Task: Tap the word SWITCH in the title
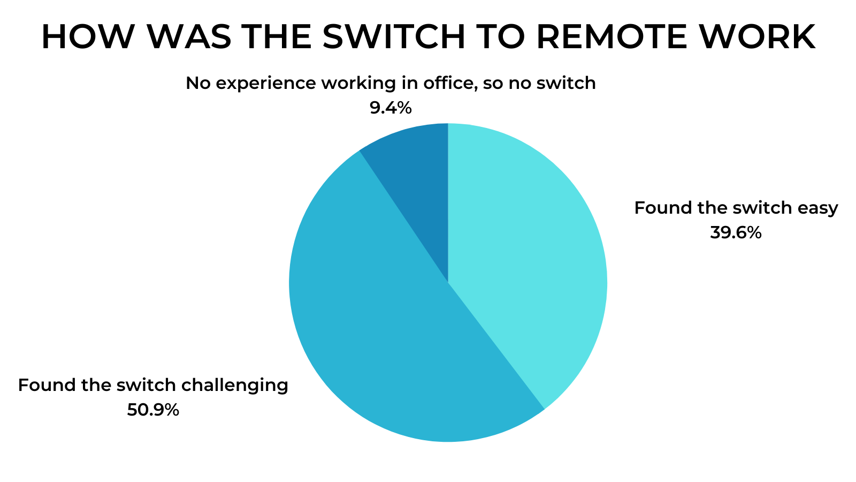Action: pyautogui.click(x=394, y=37)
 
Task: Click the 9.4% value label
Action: pyautogui.click(x=391, y=108)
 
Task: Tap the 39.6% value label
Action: pyautogui.click(x=736, y=232)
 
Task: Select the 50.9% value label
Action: pyautogui.click(x=153, y=410)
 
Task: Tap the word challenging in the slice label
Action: pyautogui.click(x=235, y=386)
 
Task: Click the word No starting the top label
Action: pyautogui.click(x=198, y=84)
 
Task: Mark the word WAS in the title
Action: pyautogui.click(x=189, y=37)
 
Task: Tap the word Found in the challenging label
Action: pyautogui.click(x=48, y=385)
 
